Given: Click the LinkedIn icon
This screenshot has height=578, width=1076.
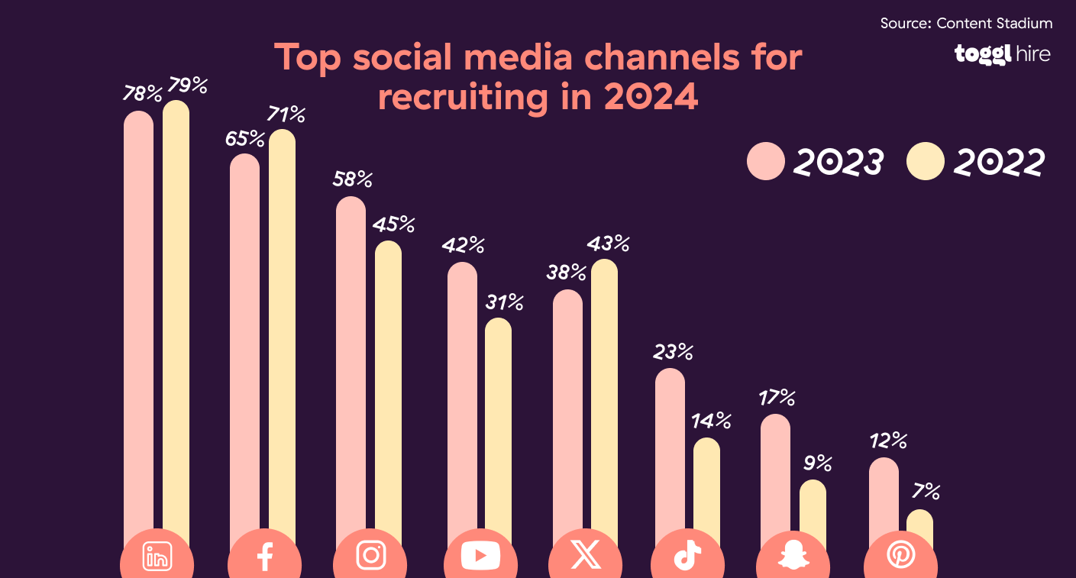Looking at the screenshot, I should click(x=157, y=557).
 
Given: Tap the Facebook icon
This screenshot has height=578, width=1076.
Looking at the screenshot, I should click(x=265, y=557).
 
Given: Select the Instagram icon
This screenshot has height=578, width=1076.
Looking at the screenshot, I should click(x=370, y=555).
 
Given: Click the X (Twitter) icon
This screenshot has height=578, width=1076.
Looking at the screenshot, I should click(x=586, y=555).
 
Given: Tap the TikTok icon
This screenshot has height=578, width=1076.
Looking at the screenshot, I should click(x=687, y=557).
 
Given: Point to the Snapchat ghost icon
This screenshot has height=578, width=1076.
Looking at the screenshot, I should click(x=793, y=557).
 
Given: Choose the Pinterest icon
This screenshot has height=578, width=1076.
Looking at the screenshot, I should click(x=900, y=557).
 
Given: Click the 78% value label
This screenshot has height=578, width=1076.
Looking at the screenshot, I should click(x=143, y=94).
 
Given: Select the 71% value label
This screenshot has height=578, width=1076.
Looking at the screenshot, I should click(x=286, y=115).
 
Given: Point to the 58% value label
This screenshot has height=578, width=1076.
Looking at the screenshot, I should click(x=352, y=179).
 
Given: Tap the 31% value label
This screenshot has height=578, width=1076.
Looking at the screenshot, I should click(x=504, y=302).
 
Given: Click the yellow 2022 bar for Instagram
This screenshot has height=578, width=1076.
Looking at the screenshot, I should click(x=388, y=382).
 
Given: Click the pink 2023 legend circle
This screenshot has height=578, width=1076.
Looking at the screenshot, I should click(x=766, y=162).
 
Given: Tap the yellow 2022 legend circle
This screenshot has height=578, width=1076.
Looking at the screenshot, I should click(x=926, y=162).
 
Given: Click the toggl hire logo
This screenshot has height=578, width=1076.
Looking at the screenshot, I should click(x=1002, y=54).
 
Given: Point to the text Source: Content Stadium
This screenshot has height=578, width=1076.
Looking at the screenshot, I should click(x=966, y=23).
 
